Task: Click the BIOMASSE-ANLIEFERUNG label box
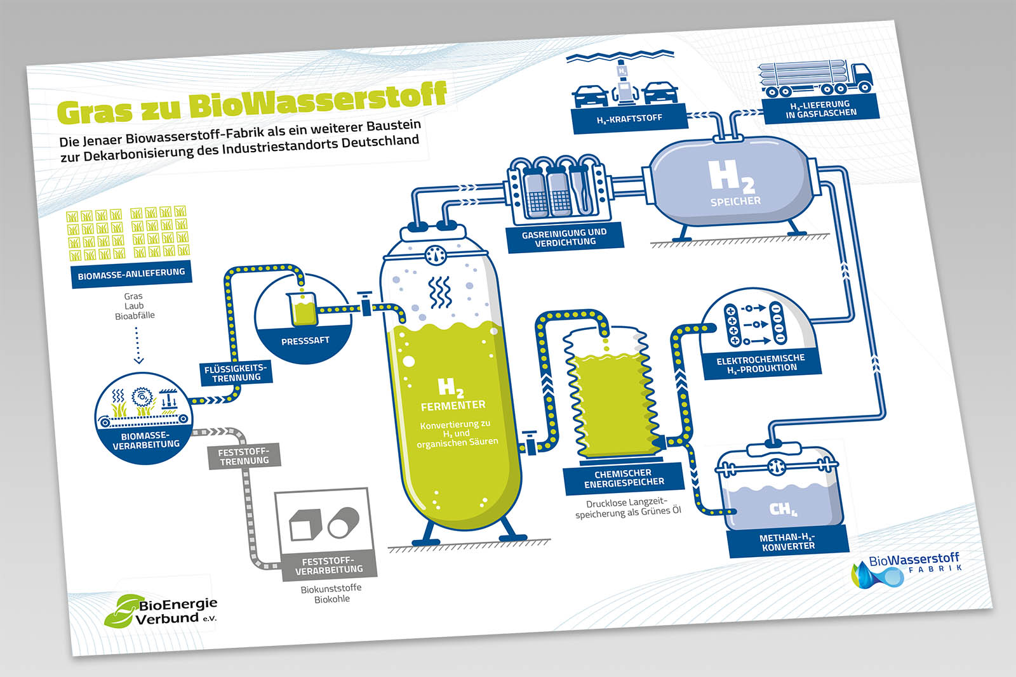(131, 274)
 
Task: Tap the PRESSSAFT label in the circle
(305, 341)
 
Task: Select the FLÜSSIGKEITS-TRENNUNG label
(236, 372)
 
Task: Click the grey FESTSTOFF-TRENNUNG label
(244, 456)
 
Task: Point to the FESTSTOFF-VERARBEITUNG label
(329, 565)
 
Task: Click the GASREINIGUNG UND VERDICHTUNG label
(565, 237)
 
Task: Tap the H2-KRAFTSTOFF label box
(629, 119)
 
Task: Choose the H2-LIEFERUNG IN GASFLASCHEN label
(820, 108)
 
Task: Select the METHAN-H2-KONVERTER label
(787, 542)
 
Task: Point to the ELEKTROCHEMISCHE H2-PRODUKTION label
(761, 364)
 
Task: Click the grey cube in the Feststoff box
(303, 523)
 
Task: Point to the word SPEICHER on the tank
(735, 201)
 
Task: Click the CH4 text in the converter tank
(782, 509)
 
